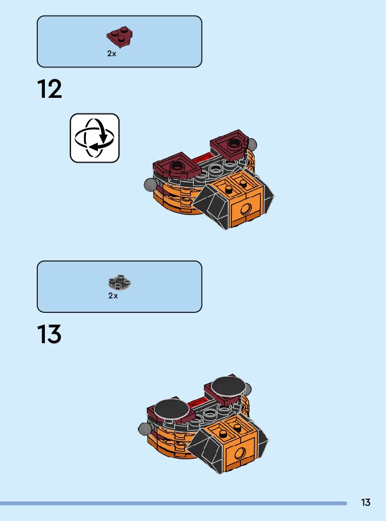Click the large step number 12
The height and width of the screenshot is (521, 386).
[50, 89]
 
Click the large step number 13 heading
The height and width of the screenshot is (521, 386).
[50, 335]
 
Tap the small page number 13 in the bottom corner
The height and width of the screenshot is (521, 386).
[366, 503]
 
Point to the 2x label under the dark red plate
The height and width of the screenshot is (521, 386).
[112, 54]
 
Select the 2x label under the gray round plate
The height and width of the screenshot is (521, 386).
[112, 296]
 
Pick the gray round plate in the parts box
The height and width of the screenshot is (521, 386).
[120, 282]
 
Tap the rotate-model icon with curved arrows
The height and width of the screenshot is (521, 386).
[95, 138]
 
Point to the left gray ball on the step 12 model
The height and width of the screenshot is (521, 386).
[150, 185]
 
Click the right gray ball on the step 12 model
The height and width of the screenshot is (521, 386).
[251, 145]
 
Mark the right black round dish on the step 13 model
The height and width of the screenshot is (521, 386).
[228, 386]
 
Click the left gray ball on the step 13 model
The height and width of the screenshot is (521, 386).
[145, 429]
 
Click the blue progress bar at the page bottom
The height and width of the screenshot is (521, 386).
[173, 503]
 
